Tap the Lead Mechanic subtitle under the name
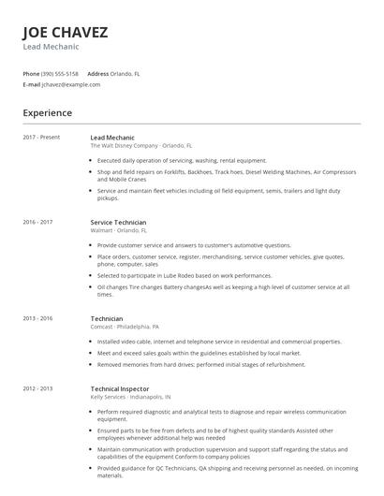click(51, 47)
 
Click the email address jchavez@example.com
click(71, 84)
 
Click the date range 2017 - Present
click(40, 138)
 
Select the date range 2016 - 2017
click(37, 223)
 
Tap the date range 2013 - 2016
click(37, 318)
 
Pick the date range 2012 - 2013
click(37, 387)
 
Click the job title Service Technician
click(118, 223)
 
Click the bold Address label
click(98, 73)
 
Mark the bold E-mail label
click(31, 84)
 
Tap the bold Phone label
click(31, 73)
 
